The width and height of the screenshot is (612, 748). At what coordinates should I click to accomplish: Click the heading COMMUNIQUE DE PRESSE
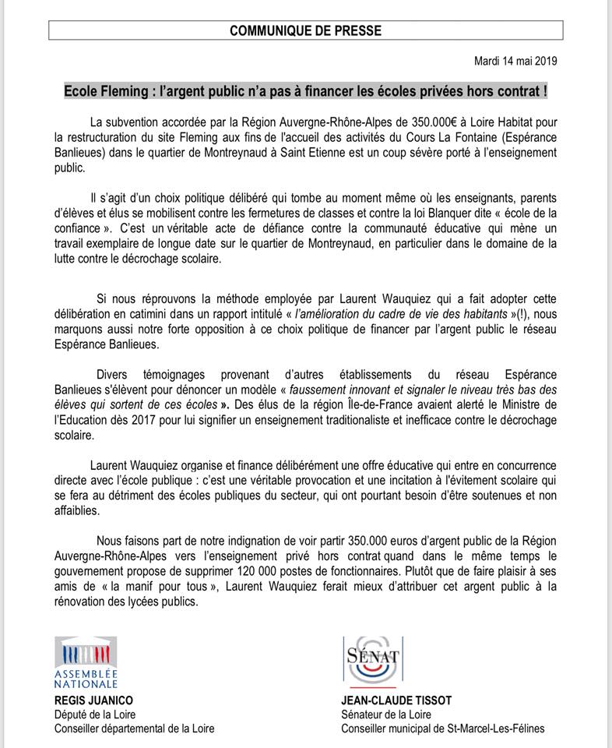tap(305, 31)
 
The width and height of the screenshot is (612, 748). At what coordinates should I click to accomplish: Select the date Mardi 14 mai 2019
tap(515, 61)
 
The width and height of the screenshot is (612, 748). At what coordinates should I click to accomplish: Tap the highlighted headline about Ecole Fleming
tap(305, 90)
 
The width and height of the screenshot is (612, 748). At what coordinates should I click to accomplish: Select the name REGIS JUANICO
tap(94, 700)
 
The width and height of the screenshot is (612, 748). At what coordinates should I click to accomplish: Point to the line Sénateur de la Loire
tap(386, 714)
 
